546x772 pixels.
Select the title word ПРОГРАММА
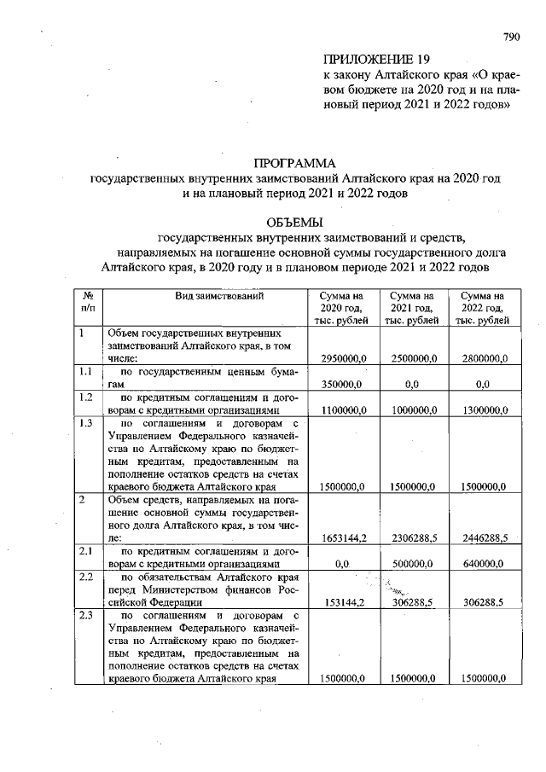click(295, 162)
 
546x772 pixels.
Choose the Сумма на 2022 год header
click(483, 307)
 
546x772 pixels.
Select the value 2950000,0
click(344, 359)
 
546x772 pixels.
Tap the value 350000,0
click(343, 385)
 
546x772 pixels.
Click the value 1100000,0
click(344, 410)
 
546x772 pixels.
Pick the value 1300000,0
click(484, 410)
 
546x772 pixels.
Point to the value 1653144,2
click(344, 538)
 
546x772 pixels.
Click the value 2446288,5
click(484, 538)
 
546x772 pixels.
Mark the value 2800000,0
click(484, 359)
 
